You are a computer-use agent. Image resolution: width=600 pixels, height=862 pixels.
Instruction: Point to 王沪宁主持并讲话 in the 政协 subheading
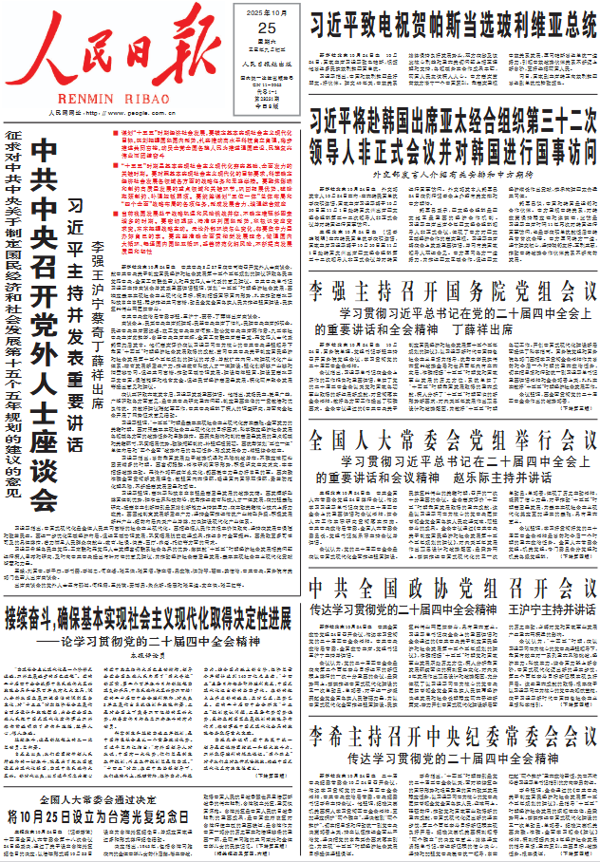552,609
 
